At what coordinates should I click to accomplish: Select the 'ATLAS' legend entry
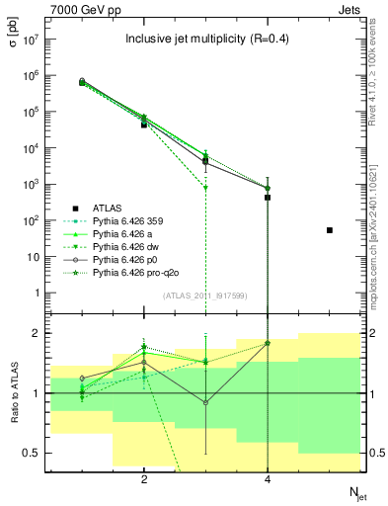[110, 208]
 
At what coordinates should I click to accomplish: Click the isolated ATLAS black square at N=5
[330, 230]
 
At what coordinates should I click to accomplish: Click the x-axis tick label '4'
[268, 480]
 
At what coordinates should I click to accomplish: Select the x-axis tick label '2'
[144, 480]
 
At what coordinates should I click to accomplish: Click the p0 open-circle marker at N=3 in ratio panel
[205, 402]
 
